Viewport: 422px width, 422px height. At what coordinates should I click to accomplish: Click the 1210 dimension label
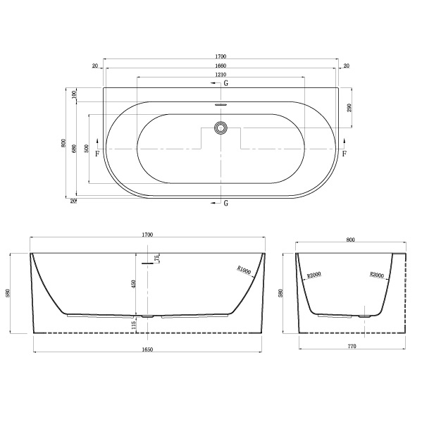pyautogui.click(x=221, y=75)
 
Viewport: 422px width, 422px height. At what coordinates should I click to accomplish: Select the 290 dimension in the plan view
pyautogui.click(x=349, y=108)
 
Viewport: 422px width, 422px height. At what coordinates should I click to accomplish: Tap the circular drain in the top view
pyautogui.click(x=221, y=128)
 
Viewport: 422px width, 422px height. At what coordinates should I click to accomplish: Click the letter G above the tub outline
pyautogui.click(x=226, y=83)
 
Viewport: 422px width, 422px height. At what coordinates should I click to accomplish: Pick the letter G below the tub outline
pyautogui.click(x=226, y=203)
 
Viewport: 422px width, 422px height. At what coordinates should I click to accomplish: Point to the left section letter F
pyautogui.click(x=97, y=154)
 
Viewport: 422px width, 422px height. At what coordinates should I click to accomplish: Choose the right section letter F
pyautogui.click(x=345, y=154)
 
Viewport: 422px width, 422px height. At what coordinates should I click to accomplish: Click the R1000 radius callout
pyautogui.click(x=244, y=271)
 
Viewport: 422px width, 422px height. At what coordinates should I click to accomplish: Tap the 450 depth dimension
pyautogui.click(x=134, y=284)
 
